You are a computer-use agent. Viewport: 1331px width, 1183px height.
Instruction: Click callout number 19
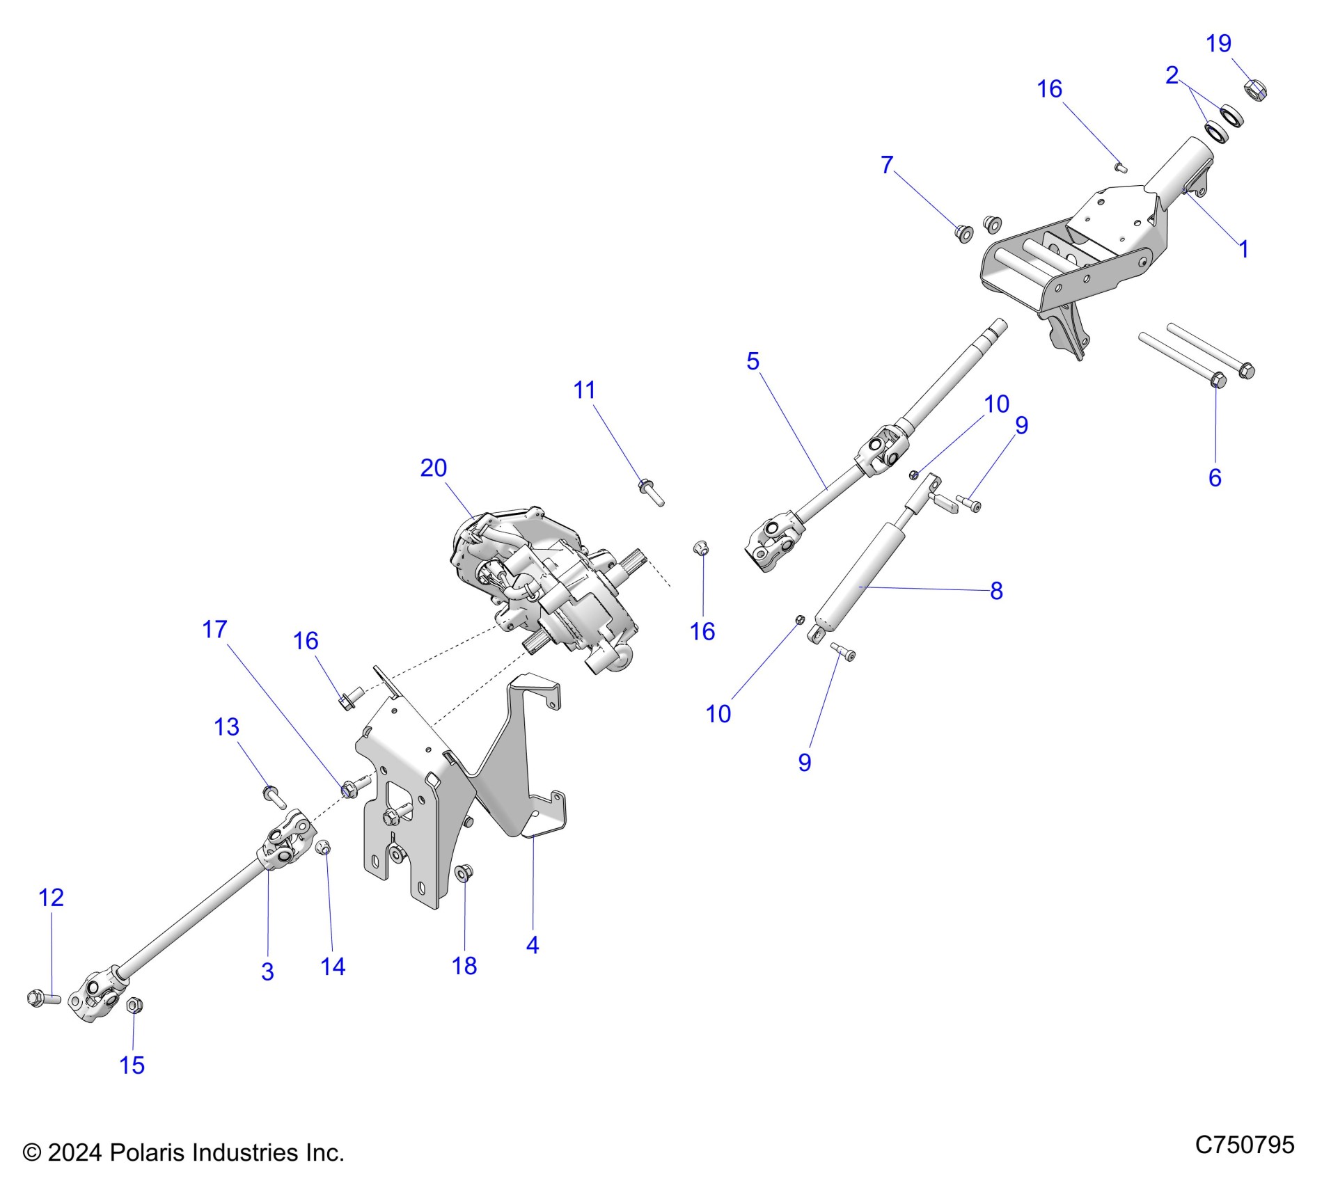pyautogui.click(x=1218, y=44)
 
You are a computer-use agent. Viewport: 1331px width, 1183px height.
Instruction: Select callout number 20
pyautogui.click(x=433, y=468)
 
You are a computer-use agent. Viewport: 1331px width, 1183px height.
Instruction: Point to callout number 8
pyautogui.click(x=996, y=591)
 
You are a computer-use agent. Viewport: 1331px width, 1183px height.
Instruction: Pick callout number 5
pyautogui.click(x=753, y=361)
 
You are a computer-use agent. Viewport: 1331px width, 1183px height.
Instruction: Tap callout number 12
pyautogui.click(x=52, y=898)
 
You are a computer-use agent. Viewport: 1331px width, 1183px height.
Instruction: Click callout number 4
pyautogui.click(x=533, y=945)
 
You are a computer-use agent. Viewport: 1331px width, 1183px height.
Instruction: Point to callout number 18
pyautogui.click(x=464, y=966)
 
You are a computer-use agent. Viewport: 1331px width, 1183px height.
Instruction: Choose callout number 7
pyautogui.click(x=886, y=165)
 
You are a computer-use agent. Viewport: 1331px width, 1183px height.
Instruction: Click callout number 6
pyautogui.click(x=1215, y=477)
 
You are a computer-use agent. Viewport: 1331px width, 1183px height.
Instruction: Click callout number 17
pyautogui.click(x=214, y=630)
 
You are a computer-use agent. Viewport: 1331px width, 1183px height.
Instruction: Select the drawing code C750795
pyautogui.click(x=1245, y=1145)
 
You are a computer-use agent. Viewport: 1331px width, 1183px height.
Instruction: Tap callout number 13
pyautogui.click(x=226, y=727)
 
